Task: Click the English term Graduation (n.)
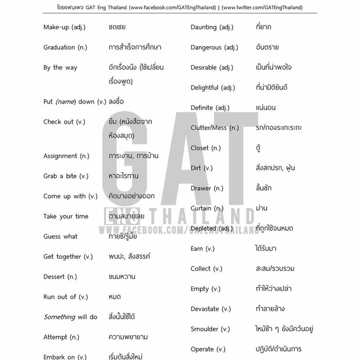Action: click(x=67, y=47)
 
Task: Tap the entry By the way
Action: click(x=60, y=67)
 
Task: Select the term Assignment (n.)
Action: click(x=66, y=156)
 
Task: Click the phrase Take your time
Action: click(x=66, y=216)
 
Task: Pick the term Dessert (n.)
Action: click(x=60, y=276)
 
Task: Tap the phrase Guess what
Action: click(x=60, y=236)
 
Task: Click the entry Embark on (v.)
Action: click(x=65, y=357)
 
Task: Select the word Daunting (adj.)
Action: click(x=211, y=27)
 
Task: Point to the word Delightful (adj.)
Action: click(x=213, y=87)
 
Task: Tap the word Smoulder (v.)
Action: click(x=210, y=328)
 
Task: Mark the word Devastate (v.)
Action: click(x=210, y=308)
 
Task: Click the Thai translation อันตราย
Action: click(x=267, y=47)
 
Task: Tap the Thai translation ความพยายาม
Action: click(x=128, y=336)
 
